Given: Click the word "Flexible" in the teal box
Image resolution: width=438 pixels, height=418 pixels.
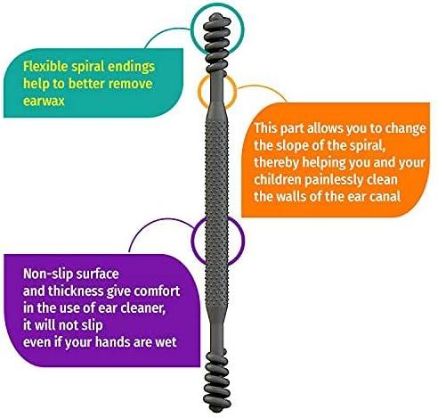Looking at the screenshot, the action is coord(45,67).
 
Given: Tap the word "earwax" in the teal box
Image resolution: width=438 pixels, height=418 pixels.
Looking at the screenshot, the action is coord(44,101).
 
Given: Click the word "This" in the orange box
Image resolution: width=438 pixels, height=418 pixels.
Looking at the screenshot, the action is coord(265,128).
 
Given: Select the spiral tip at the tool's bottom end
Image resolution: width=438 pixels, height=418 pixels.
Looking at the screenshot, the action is coord(217,381).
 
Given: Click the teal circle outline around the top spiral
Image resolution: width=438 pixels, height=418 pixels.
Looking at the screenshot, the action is coord(191,29).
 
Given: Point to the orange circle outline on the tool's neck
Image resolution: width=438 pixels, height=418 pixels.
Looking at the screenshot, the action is coord(199,92).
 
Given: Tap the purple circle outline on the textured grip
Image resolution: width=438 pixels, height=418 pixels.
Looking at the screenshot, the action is coord(192,240).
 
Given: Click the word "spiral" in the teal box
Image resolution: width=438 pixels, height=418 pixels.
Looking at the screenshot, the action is coord(87,67).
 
